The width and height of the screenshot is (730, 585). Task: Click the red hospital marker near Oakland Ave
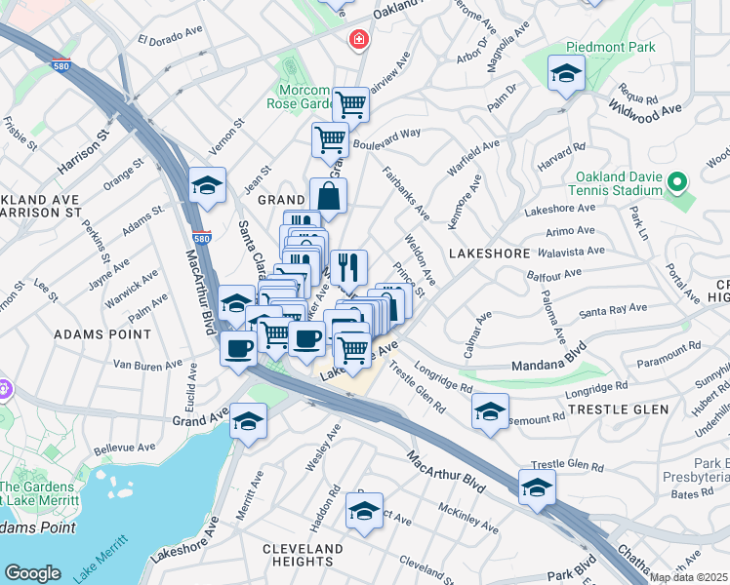click(359, 40)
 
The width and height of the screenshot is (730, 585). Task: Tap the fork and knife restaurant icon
click(348, 266)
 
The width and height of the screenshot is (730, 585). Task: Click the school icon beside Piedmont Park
click(566, 74)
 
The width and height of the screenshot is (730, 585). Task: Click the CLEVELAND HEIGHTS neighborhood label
click(303, 555)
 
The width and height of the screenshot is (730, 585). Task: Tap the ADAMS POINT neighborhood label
click(93, 333)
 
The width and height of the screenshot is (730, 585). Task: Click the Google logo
click(33, 572)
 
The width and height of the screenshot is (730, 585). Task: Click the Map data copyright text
click(688, 577)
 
